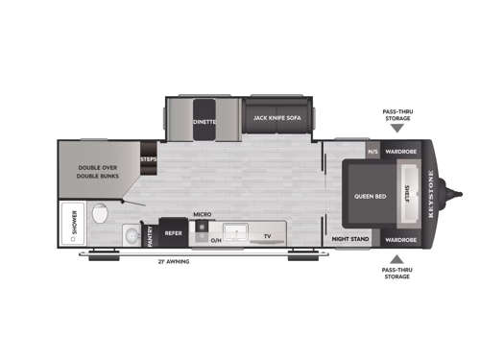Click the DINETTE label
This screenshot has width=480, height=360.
point(203,122)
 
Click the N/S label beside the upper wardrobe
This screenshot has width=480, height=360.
point(372,152)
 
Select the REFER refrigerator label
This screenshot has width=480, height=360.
point(173,232)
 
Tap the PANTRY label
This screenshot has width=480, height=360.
point(150,234)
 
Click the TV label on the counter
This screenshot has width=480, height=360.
point(268,235)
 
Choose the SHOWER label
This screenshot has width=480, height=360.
point(73,227)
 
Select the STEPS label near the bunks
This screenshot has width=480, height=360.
point(148,159)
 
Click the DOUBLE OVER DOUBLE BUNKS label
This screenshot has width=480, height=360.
point(97,172)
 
